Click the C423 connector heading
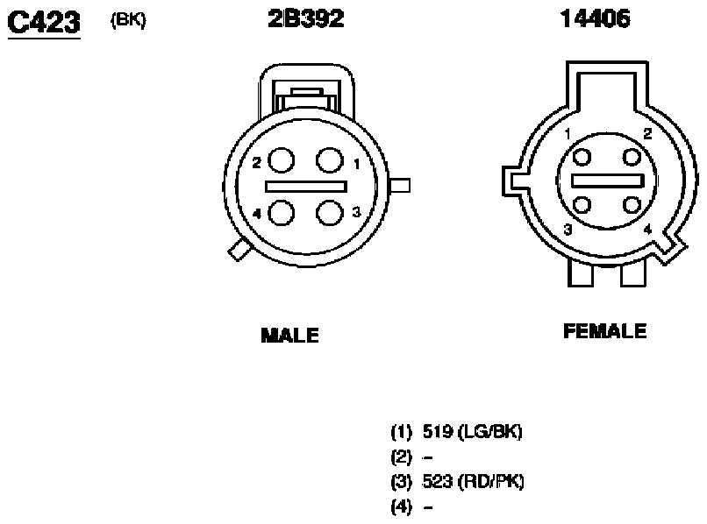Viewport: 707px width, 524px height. pyautogui.click(x=44, y=23)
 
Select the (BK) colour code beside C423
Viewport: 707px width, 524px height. pyautogui.click(x=128, y=20)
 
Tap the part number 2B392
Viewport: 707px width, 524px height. pyautogui.click(x=306, y=19)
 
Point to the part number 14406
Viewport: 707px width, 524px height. pyautogui.click(x=595, y=19)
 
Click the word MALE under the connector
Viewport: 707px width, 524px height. pyautogui.click(x=290, y=336)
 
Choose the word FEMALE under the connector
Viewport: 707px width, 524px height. pyautogui.click(x=604, y=331)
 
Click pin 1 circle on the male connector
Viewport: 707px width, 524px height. pyautogui.click(x=330, y=160)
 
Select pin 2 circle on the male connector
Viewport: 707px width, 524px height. pyautogui.click(x=282, y=160)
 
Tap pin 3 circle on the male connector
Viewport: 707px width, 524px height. pyautogui.click(x=330, y=213)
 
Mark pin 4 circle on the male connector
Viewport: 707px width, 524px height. pyautogui.click(x=282, y=213)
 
